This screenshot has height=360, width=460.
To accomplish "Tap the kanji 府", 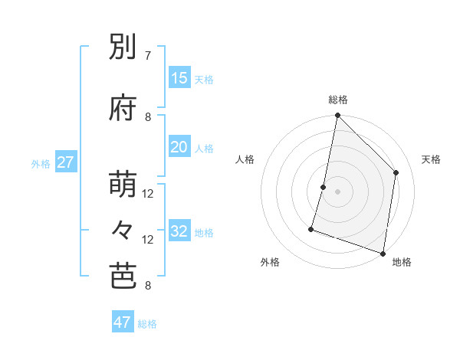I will click(124, 108).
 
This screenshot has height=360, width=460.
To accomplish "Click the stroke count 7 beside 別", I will click(148, 56).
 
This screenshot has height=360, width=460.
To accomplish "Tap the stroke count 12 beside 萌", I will click(148, 194).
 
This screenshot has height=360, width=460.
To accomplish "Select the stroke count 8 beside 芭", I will click(148, 286).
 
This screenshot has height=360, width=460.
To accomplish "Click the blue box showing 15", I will click(179, 78).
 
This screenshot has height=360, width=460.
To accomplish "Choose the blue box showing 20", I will click(179, 147).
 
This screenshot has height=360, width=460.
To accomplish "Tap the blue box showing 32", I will click(179, 231).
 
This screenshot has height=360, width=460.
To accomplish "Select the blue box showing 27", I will click(66, 162).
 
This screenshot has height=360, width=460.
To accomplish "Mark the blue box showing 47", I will click(123, 322).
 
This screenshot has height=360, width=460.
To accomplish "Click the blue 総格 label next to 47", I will click(147, 324).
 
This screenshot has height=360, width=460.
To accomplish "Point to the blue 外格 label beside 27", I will click(41, 163).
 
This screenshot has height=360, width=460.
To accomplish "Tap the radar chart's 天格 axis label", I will click(431, 159).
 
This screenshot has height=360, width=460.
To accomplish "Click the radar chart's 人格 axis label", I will click(245, 159).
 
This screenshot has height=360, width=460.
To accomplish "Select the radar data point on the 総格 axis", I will click(337, 116).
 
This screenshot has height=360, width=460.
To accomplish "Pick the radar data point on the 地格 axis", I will click(383, 253).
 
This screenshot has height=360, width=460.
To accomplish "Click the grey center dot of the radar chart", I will click(337, 191).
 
